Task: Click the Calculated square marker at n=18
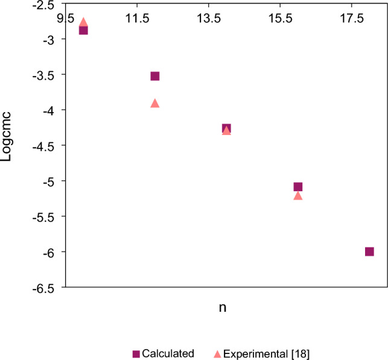click(x=369, y=251)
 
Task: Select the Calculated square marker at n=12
click(x=155, y=76)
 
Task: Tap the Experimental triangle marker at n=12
click(x=155, y=103)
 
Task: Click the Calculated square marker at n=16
click(x=298, y=187)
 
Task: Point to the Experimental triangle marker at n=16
click(x=298, y=195)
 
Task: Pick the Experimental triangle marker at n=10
click(x=83, y=22)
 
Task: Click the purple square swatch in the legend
click(x=136, y=353)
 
